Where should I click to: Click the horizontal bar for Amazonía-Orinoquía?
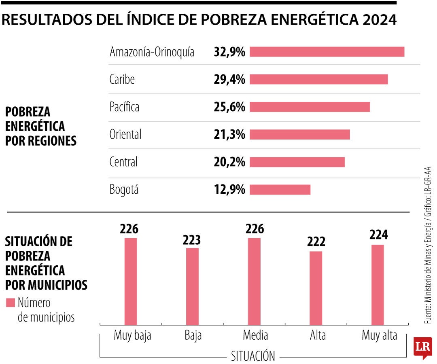[327, 52]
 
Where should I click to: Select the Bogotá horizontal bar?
[280, 190]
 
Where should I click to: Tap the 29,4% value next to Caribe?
[229, 80]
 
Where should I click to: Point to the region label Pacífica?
[124, 107]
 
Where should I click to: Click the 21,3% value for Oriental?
[229, 135]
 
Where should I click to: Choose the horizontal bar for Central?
[297, 162]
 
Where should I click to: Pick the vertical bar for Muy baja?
[131, 281]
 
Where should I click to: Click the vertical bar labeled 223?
[193, 286]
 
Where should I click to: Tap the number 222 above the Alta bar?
[316, 242]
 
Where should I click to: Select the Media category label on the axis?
[255, 336]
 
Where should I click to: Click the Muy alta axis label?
[379, 336]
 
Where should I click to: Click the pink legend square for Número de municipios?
[11, 303]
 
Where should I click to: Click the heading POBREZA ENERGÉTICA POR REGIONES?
[40, 126]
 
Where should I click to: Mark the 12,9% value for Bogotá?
[229, 190]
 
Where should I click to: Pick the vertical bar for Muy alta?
[378, 285]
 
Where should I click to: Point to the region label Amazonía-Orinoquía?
[152, 52]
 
